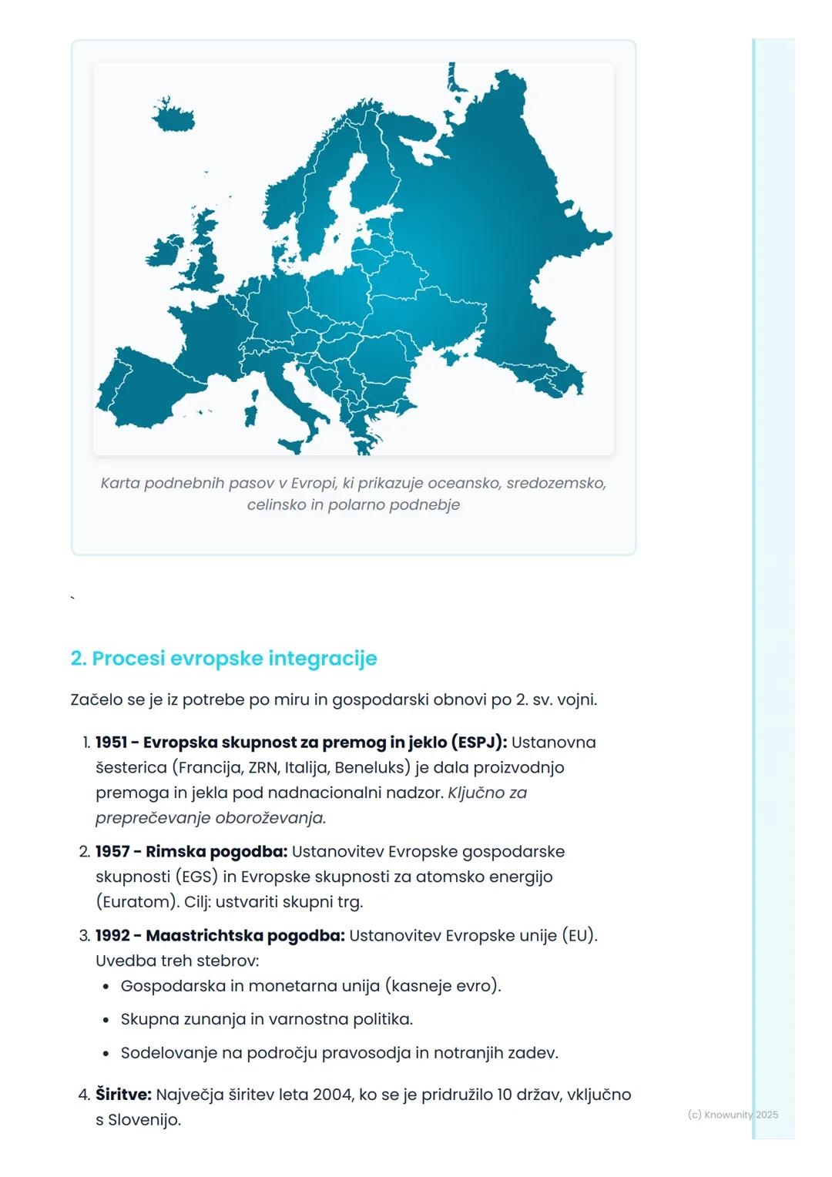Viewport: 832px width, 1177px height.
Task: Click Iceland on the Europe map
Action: pyautogui.click(x=174, y=117)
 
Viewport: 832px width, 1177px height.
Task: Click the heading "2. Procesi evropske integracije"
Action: pyautogui.click(x=223, y=659)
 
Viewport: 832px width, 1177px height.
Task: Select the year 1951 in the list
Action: pyautogui.click(x=111, y=743)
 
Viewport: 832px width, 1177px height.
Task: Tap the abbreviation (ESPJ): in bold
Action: pyautogui.click(x=479, y=743)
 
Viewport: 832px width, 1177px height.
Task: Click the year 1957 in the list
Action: pyautogui.click(x=111, y=852)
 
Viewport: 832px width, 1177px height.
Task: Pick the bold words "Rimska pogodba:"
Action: pyautogui.click(x=216, y=852)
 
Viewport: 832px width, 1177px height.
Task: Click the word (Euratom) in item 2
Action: pyautogui.click(x=137, y=902)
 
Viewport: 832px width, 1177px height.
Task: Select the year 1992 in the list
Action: pyautogui.click(x=112, y=936)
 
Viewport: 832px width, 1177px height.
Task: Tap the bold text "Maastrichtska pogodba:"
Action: pyautogui.click(x=245, y=936)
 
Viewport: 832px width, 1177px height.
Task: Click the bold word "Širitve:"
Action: pyautogui.click(x=123, y=1095)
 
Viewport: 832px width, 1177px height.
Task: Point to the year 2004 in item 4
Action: pyautogui.click(x=333, y=1095)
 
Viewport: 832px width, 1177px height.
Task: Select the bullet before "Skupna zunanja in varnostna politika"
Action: pyautogui.click(x=106, y=1020)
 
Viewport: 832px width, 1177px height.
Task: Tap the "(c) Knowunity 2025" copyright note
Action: pyautogui.click(x=733, y=1115)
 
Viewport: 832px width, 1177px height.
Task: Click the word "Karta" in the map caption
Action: pyautogui.click(x=119, y=484)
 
